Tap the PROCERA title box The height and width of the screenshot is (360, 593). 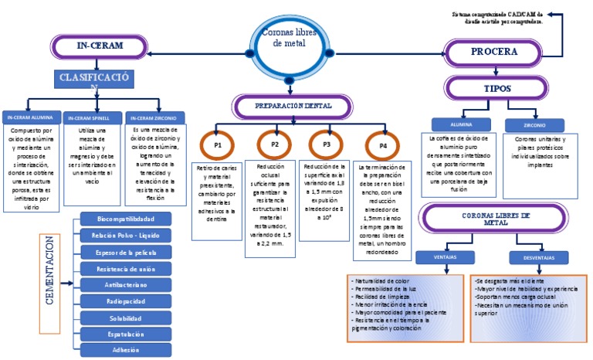pos(493,53)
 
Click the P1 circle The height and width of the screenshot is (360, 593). pos(218,145)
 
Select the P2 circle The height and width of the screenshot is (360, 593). pos(274,144)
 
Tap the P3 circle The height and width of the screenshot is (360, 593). pos(327,144)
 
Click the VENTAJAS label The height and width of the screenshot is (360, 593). pos(440,257)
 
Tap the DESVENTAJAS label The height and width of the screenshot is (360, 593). pos(534,257)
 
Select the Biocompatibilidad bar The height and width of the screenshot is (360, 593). pos(125,219)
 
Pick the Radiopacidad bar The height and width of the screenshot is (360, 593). pos(125,301)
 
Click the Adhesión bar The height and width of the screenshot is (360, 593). pos(125,350)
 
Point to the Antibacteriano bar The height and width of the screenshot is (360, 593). pos(125,284)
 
